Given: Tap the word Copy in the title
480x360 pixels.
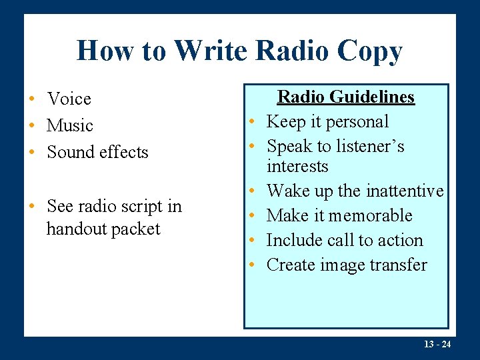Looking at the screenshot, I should point(370,52).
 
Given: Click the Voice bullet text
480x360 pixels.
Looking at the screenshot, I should point(69,99).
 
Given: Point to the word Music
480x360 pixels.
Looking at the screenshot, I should point(70,126).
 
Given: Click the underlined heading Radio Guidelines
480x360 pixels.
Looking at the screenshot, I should point(345,97).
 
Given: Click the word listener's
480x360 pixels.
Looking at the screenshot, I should point(369,146).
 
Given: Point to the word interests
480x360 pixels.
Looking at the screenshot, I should point(297,166).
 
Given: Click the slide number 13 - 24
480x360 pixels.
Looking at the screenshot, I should point(437,344).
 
